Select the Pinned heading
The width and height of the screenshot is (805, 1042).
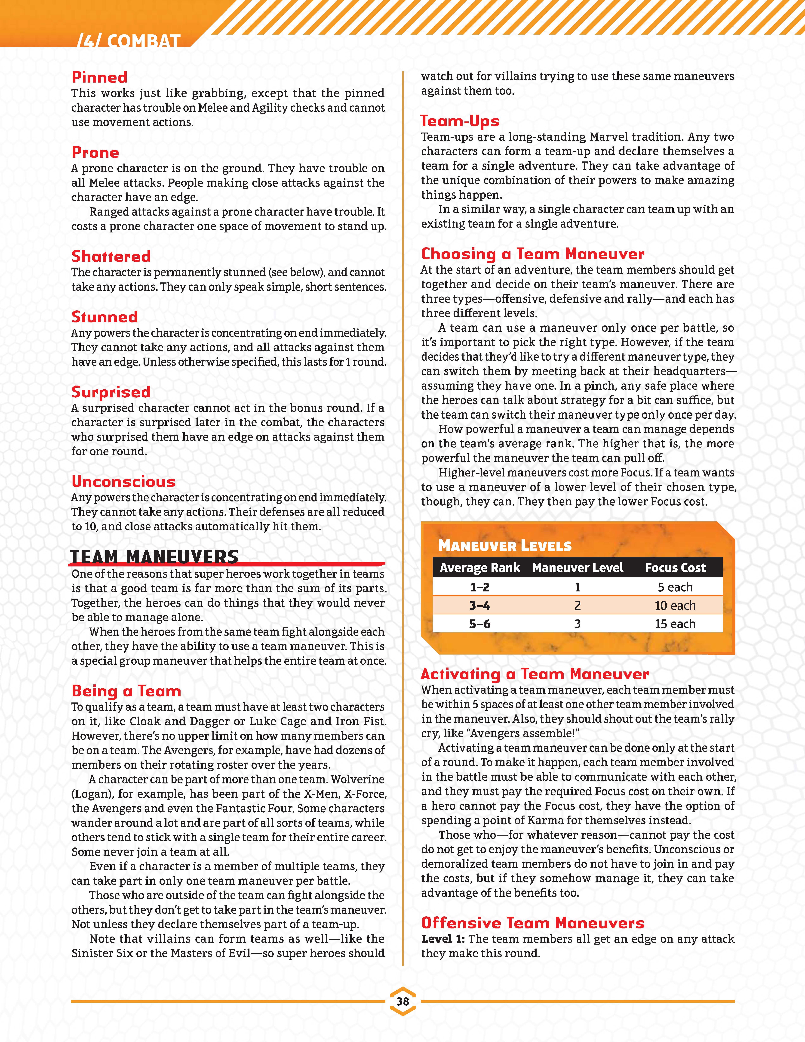[x=99, y=77]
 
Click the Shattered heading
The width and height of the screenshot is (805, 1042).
[x=111, y=256]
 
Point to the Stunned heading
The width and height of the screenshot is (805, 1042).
[x=104, y=317]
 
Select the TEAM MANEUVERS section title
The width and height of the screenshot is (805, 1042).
[x=154, y=557]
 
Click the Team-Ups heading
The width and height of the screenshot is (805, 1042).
[x=460, y=121]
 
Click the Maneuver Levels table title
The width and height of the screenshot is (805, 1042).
[x=505, y=546]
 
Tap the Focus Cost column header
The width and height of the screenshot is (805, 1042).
[x=675, y=568]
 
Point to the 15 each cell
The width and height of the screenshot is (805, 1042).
[x=675, y=624]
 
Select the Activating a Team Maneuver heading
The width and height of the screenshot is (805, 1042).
[x=535, y=674]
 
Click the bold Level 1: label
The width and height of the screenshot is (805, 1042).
[x=443, y=939]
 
